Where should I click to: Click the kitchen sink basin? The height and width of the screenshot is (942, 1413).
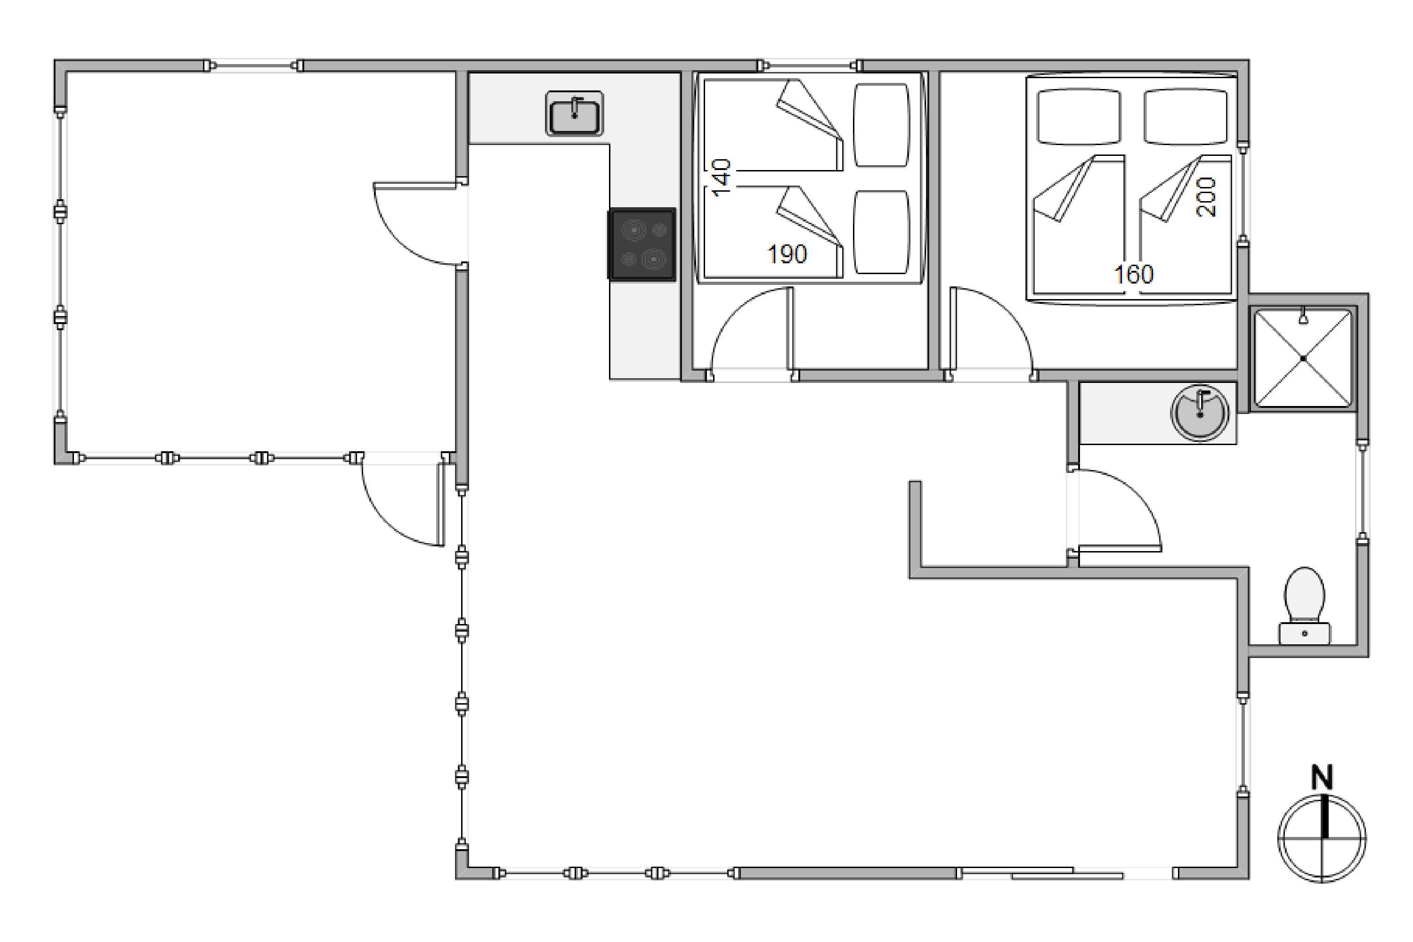[574, 114]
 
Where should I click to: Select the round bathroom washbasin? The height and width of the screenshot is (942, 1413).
[1200, 414]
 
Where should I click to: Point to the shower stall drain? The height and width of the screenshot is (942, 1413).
[1303, 358]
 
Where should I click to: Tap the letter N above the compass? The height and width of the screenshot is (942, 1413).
[1322, 778]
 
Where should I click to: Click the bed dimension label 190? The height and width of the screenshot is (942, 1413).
[787, 255]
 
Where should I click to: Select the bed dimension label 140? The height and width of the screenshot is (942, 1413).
[721, 177]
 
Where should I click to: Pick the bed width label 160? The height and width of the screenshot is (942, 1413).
[1134, 275]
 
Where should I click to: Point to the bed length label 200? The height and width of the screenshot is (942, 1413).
[1206, 196]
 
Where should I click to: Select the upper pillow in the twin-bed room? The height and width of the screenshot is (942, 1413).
[881, 125]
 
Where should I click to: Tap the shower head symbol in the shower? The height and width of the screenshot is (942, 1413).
[1303, 316]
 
